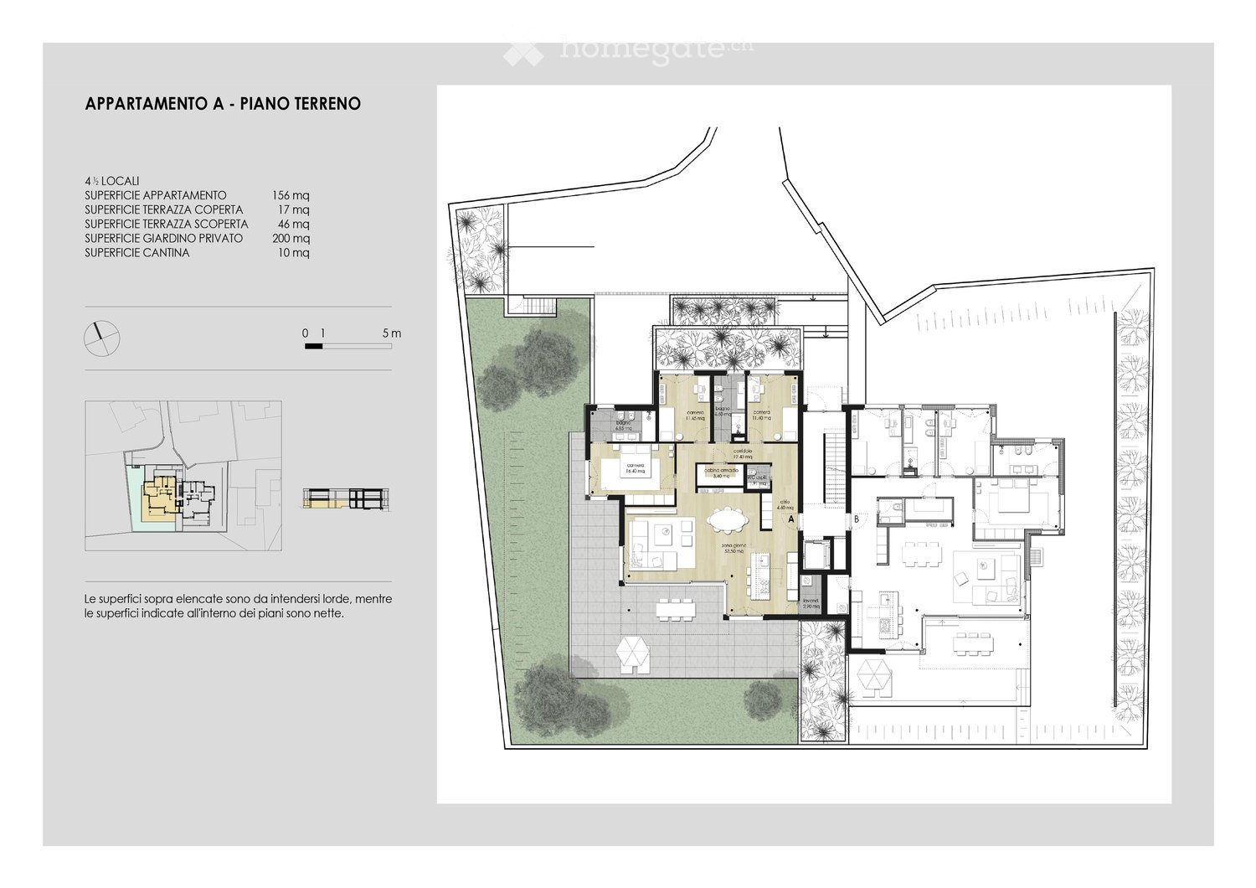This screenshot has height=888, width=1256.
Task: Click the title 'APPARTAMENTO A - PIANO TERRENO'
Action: tap(223, 104)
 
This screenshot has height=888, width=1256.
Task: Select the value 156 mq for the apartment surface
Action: tap(291, 195)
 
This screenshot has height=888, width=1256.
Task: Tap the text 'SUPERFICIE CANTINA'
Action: tap(136, 252)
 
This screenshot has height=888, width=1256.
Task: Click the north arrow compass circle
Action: tap(102, 338)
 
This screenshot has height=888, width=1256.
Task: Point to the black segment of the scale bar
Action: tap(313, 345)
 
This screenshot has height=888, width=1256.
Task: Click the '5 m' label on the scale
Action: tap(392, 333)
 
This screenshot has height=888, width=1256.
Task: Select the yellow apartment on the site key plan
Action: tap(157, 500)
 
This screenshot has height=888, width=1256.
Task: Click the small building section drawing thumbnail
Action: tap(346, 498)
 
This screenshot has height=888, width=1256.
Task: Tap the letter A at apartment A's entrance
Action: tap(790, 519)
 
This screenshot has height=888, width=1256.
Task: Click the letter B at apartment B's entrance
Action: tap(857, 519)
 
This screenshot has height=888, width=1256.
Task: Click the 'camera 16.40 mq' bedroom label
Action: tap(634, 469)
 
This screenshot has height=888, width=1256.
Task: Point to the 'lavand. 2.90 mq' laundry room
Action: tap(811, 603)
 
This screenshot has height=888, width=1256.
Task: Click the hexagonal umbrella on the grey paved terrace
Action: tap(632, 653)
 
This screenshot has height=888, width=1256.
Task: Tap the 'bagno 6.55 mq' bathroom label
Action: tap(624, 426)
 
